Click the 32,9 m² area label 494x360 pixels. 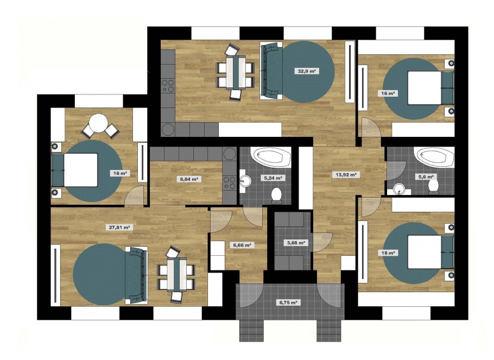point(307,71)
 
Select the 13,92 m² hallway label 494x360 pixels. point(346,174)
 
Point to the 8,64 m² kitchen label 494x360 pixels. point(189,179)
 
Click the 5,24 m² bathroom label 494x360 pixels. point(273,178)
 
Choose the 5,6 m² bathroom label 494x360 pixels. point(426,177)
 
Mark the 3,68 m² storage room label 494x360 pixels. point(295,243)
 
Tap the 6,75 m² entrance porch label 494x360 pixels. point(288,302)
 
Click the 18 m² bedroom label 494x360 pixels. point(388,253)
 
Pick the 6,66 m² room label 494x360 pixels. point(242,245)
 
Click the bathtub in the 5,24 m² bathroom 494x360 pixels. point(271,157)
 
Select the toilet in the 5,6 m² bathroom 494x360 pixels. point(434,186)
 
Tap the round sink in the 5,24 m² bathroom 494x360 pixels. point(245,181)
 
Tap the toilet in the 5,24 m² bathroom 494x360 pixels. point(277,195)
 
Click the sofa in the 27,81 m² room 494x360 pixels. point(137,275)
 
